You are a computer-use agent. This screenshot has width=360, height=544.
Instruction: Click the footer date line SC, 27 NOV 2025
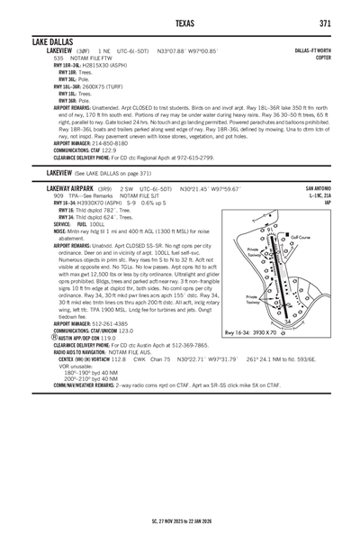coord(181,521)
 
